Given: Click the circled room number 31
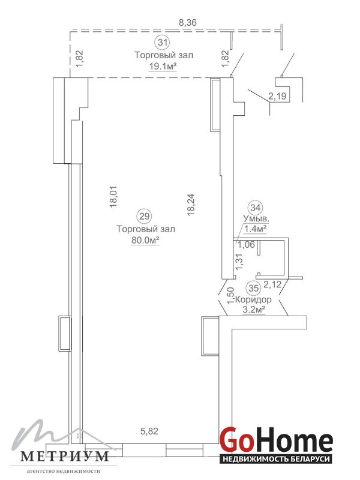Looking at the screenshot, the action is [x=163, y=41].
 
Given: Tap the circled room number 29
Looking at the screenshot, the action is [x=144, y=216].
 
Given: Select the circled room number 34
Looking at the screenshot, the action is [x=256, y=208].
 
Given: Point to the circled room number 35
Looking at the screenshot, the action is [x=254, y=288].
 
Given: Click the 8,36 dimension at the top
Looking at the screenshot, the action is [x=187, y=22].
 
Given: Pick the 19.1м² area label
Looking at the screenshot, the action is [x=163, y=66].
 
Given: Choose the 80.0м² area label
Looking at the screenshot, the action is [x=145, y=241].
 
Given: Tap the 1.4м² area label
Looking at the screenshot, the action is [x=254, y=229].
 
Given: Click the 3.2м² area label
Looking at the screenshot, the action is [x=253, y=310].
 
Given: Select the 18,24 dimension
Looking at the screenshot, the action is [x=191, y=205].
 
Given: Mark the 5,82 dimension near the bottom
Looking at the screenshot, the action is [x=149, y=431].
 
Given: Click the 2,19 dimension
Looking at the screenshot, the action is [x=277, y=97].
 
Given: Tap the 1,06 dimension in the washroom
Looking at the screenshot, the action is [x=247, y=244].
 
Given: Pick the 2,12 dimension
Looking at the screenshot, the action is [x=272, y=284].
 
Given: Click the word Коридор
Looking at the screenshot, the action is [x=254, y=299].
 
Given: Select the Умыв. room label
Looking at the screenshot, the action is [x=256, y=218].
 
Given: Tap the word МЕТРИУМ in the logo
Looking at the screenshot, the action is [x=65, y=457].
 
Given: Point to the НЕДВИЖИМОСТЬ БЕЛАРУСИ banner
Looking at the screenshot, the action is [x=277, y=459].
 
